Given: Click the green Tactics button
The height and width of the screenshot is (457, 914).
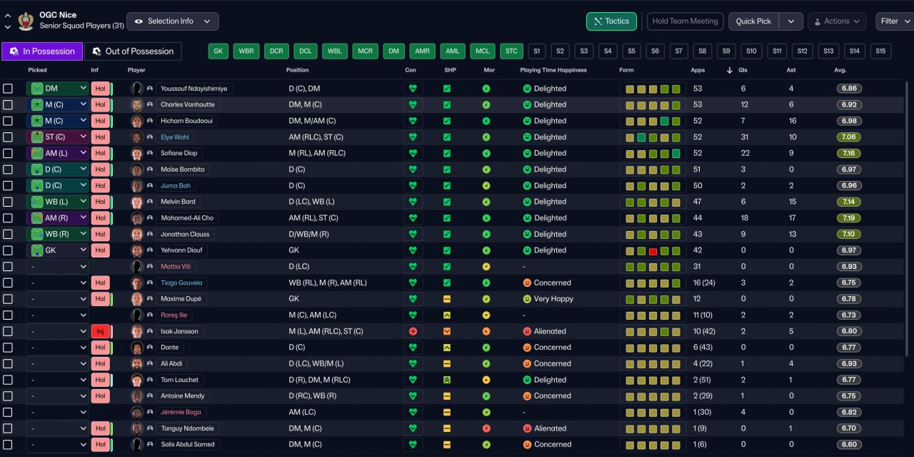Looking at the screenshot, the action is click(x=611, y=21).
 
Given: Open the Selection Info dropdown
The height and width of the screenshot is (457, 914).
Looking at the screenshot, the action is click(x=173, y=21).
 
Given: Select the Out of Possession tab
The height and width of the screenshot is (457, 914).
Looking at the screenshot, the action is click(x=133, y=51).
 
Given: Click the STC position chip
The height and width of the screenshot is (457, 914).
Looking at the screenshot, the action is click(x=511, y=51).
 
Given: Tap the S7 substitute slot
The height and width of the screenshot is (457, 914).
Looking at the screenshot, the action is click(x=678, y=51).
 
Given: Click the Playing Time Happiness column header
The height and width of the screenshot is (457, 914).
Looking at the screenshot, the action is click(x=553, y=70).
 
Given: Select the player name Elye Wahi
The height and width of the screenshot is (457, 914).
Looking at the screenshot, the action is click(x=175, y=137).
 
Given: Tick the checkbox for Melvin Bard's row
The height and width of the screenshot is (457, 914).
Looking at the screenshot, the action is click(x=8, y=202).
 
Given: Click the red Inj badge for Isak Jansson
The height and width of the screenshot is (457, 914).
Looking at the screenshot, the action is click(x=101, y=331).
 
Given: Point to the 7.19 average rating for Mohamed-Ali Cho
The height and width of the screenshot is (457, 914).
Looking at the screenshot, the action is click(x=849, y=218).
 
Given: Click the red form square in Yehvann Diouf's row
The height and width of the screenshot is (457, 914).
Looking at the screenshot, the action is click(x=653, y=251).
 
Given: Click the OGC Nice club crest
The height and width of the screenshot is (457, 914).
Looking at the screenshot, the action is click(x=26, y=21).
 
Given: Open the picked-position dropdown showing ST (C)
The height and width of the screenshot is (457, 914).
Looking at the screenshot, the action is click(x=58, y=137).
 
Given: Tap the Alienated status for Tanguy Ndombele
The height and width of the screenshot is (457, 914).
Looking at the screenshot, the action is click(x=550, y=428).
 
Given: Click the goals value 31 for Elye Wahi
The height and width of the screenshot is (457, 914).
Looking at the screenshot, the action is click(x=744, y=137).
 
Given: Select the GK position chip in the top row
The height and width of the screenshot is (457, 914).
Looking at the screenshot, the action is click(x=219, y=51).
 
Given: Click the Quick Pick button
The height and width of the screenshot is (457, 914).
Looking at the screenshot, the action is click(x=753, y=21).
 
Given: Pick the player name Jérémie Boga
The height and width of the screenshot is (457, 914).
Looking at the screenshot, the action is click(x=181, y=412).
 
